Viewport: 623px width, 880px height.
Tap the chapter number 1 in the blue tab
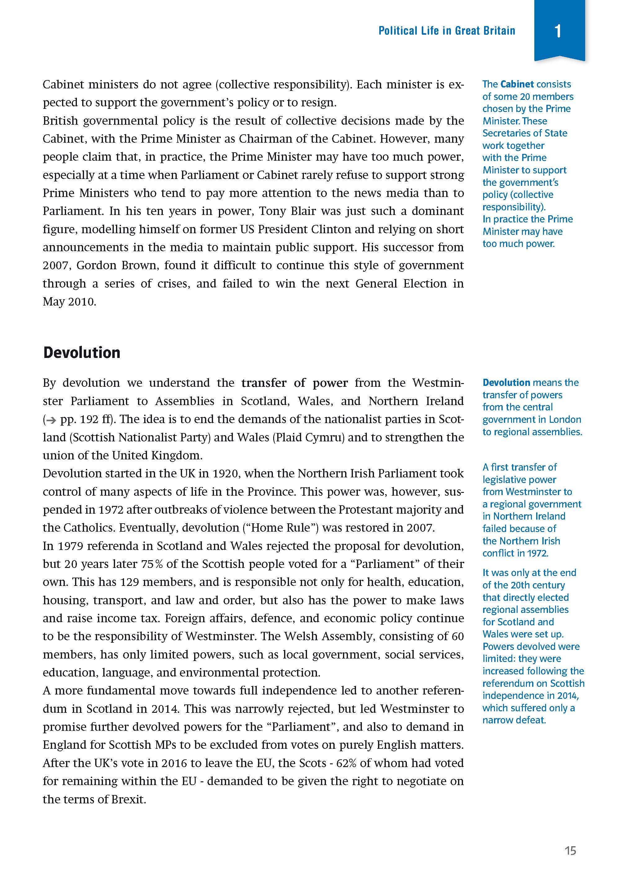558,31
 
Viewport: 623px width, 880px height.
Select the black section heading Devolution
82,353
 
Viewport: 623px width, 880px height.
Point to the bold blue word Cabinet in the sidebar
517,84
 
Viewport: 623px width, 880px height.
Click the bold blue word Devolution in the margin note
506,382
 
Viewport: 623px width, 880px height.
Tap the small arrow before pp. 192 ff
50,420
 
